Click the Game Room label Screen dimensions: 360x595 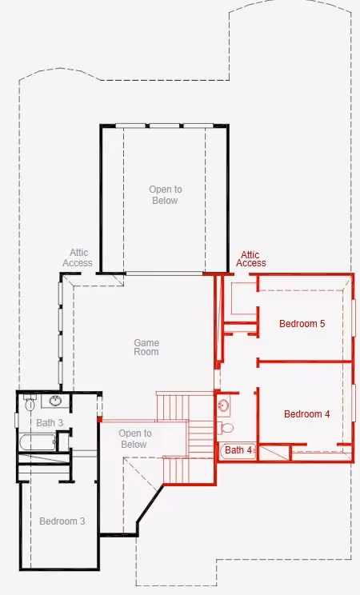tap(146, 347)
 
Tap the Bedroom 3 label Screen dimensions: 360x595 tap(62, 521)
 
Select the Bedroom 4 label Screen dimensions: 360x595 tap(307, 413)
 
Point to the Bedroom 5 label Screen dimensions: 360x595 tap(302, 323)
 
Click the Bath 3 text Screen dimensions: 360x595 tap(50, 422)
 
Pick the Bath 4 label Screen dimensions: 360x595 tap(238, 450)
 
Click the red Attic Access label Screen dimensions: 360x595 tap(250, 259)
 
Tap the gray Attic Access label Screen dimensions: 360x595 tap(78, 258)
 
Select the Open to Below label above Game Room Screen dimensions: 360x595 tap(165, 194)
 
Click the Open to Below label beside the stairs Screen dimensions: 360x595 tap(135, 439)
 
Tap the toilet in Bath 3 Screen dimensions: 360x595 tap(30, 402)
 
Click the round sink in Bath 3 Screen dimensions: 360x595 tap(56, 401)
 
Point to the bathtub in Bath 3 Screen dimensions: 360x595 tap(38, 442)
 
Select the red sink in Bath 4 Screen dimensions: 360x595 tap(223, 405)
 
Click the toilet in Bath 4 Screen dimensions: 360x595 tap(225, 428)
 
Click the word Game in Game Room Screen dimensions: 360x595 tap(146, 342)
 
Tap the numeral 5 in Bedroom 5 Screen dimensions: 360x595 tap(322, 323)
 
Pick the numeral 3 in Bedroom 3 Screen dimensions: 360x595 tap(82, 521)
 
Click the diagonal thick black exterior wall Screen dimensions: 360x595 tap(150, 504)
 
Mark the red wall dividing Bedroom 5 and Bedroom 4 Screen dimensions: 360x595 tap(305, 362)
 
